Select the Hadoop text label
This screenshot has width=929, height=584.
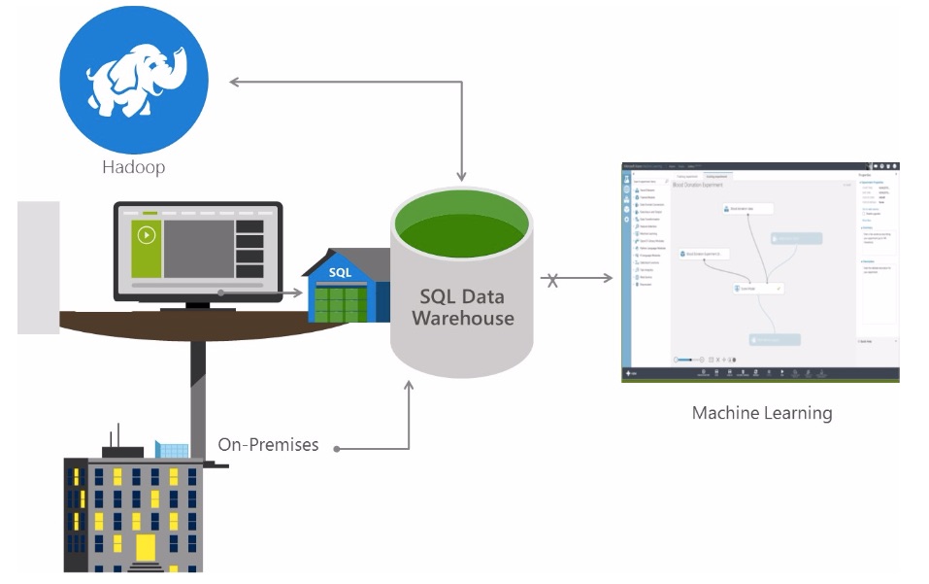click(x=134, y=167)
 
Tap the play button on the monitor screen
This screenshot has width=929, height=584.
click(x=147, y=234)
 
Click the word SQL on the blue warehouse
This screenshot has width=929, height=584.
click(x=340, y=273)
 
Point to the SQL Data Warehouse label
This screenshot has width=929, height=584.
click(x=462, y=307)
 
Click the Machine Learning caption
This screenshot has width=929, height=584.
click(x=762, y=413)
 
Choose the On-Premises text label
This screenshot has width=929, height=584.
click(x=268, y=445)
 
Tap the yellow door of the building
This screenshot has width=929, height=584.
click(x=146, y=547)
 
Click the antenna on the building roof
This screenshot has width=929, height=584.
click(x=117, y=436)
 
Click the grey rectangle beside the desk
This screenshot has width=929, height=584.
click(x=39, y=266)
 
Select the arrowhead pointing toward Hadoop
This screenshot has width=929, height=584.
click(x=234, y=81)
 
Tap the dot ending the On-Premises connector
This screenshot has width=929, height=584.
click(x=337, y=448)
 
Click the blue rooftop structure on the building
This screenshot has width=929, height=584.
click(x=172, y=450)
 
